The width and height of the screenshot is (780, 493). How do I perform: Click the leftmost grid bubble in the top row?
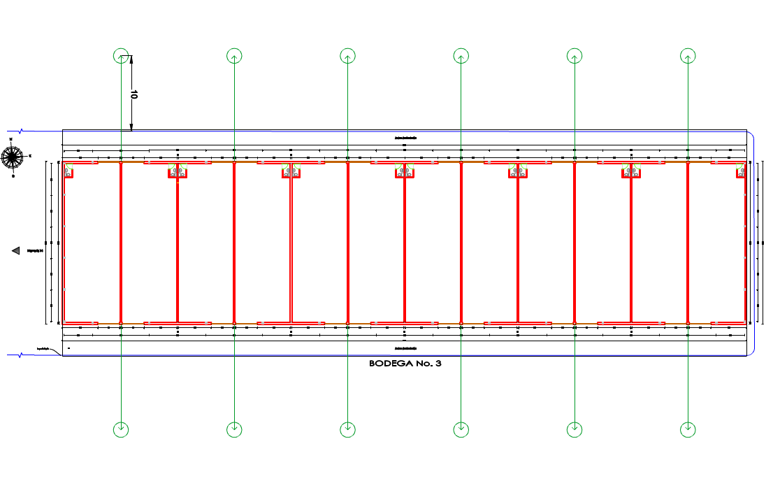pyautogui.click(x=121, y=56)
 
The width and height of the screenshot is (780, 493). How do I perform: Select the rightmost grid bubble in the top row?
pyautogui.click(x=688, y=56)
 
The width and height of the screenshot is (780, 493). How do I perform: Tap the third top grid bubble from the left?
pyautogui.click(x=347, y=56)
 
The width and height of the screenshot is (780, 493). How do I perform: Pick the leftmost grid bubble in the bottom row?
pyautogui.click(x=121, y=428)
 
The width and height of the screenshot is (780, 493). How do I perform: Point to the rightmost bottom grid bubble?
pyautogui.click(x=688, y=428)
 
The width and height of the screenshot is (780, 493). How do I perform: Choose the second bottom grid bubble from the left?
pyautogui.click(x=234, y=428)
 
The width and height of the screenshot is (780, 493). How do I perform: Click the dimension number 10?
pyautogui.click(x=133, y=94)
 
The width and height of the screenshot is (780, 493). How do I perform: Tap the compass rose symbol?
pyautogui.click(x=12, y=157)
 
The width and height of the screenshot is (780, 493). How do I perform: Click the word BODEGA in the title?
pyautogui.click(x=389, y=364)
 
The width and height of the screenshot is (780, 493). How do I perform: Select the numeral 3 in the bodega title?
pyautogui.click(x=438, y=364)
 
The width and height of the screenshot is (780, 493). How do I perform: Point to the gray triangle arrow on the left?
pyautogui.click(x=15, y=250)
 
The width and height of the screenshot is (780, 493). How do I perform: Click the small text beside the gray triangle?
pyautogui.click(x=35, y=250)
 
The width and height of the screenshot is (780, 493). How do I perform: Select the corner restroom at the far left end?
pyautogui.click(x=69, y=171)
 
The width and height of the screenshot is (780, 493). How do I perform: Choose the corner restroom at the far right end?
pyautogui.click(x=740, y=171)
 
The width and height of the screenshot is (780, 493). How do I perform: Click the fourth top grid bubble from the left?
pyautogui.click(x=461, y=56)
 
